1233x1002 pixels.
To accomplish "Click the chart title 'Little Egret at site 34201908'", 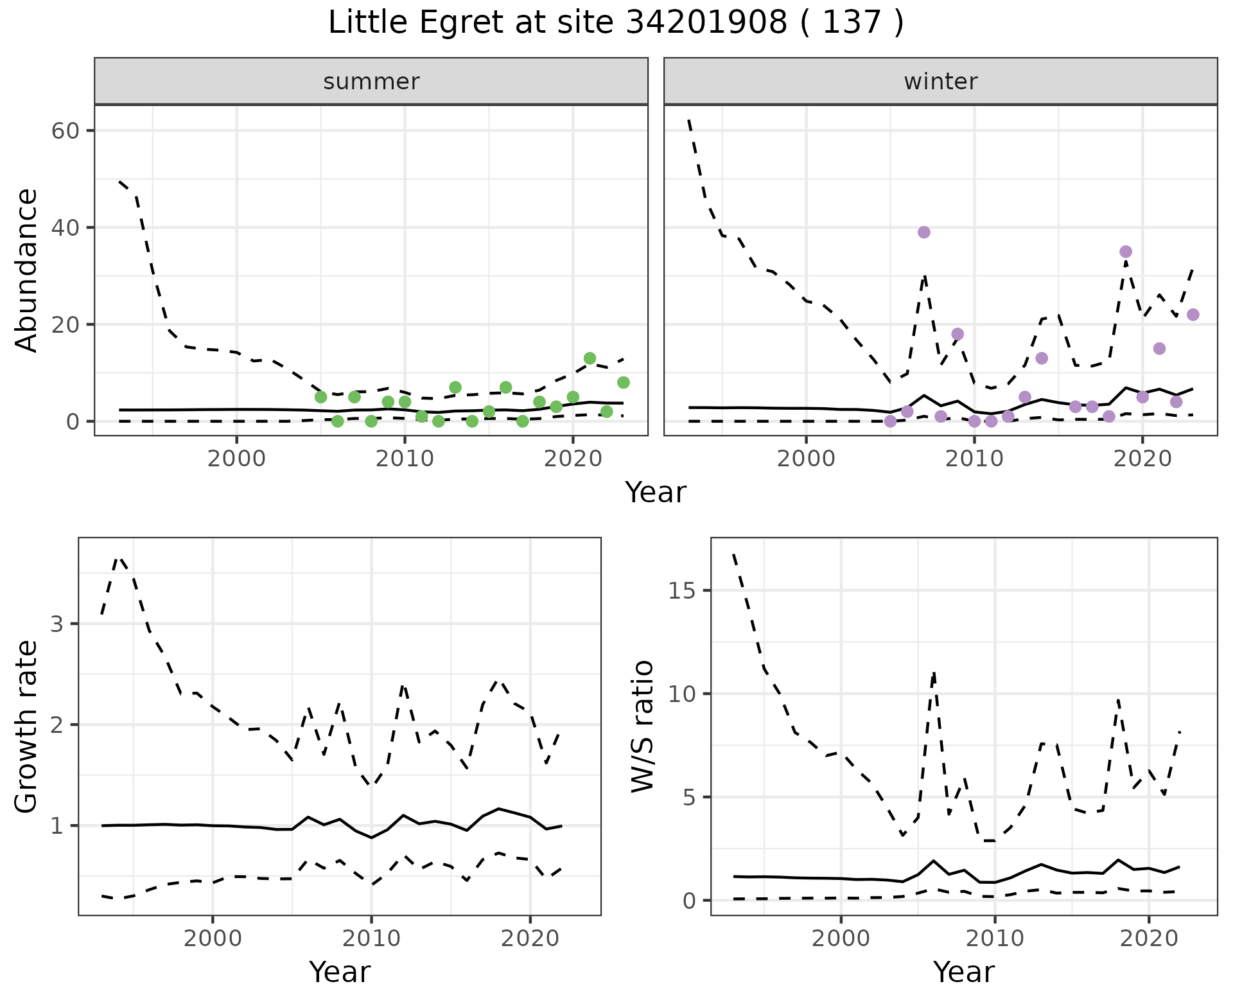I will pyautogui.click(x=615, y=23).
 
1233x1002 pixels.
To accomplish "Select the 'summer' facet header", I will pyautogui.click(x=371, y=82).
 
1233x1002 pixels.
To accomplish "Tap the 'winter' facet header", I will pyautogui.click(x=940, y=82).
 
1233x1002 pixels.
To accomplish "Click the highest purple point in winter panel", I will pyautogui.click(x=923, y=233).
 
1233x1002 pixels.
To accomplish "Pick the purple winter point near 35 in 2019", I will pyautogui.click(x=1125, y=252).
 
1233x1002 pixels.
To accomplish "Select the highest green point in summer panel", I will pyautogui.click(x=590, y=358).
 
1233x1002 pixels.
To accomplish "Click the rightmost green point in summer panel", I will pyautogui.click(x=623, y=383).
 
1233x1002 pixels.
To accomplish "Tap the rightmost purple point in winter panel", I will pyautogui.click(x=1193, y=315).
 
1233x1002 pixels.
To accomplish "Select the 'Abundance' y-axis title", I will pyautogui.click(x=27, y=270).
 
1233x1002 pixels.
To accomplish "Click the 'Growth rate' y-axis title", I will pyautogui.click(x=27, y=726).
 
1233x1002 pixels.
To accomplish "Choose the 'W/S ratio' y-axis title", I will pyautogui.click(x=642, y=726).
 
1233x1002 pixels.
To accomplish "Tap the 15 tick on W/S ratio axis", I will pyautogui.click(x=683, y=591).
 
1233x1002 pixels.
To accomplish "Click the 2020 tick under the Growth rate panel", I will pyautogui.click(x=530, y=938).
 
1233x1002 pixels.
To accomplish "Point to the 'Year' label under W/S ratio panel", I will pyautogui.click(x=963, y=972).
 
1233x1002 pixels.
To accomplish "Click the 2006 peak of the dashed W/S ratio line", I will pyautogui.click(x=934, y=672).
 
